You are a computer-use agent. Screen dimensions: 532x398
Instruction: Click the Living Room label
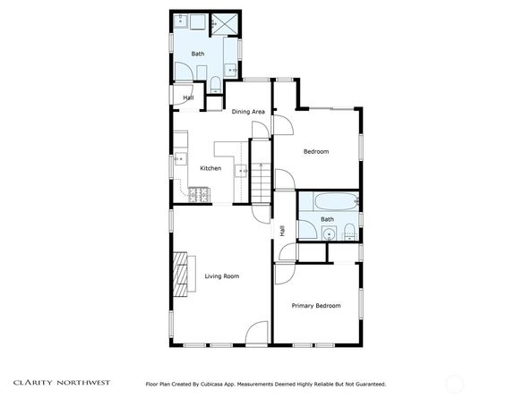click(x=222, y=276)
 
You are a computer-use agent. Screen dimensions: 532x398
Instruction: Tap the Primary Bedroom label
click(x=316, y=306)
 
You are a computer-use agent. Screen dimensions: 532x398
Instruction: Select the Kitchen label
click(x=210, y=168)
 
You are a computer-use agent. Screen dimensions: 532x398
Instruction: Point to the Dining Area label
click(x=248, y=112)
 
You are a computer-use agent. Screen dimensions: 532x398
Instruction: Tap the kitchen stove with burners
click(x=199, y=195)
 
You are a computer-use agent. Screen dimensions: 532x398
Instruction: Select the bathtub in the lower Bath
click(x=336, y=201)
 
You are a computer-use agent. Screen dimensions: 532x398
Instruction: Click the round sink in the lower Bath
click(x=329, y=234)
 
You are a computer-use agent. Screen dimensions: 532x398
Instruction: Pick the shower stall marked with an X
click(x=224, y=24)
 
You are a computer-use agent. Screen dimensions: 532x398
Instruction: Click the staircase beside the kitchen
click(x=261, y=183)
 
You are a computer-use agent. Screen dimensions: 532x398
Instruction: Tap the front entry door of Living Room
click(x=257, y=334)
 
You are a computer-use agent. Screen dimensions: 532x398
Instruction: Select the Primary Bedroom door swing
click(x=285, y=274)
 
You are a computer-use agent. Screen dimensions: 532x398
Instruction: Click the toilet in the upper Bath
click(x=216, y=84)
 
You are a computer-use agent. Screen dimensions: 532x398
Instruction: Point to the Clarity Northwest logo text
click(x=62, y=383)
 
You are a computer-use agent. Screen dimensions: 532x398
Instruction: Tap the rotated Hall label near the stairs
click(x=282, y=231)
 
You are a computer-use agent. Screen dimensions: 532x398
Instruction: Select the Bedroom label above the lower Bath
click(x=316, y=151)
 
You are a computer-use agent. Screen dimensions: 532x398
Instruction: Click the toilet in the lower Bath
click(x=349, y=232)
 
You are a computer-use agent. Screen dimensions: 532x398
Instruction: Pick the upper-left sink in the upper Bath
click(x=181, y=21)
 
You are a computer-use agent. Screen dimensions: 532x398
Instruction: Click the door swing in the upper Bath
click(x=184, y=72)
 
